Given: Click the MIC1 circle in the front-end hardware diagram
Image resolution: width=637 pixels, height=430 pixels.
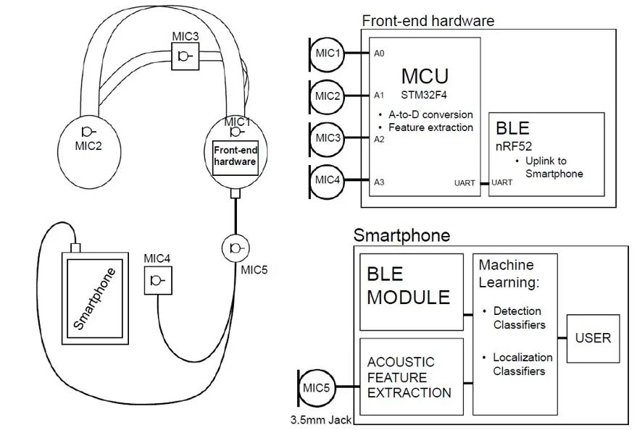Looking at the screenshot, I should coord(327,53).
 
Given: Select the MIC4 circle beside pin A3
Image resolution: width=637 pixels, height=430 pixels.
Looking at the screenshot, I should coord(327,180).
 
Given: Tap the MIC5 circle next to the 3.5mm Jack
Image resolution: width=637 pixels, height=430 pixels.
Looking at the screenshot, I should coord(316,389).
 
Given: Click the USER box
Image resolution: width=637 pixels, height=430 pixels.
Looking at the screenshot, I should coord(593,338).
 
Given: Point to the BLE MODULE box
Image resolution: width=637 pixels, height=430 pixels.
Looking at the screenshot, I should coord(411,287).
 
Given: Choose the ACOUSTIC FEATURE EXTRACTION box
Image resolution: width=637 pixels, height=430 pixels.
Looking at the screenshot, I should coord(411,377).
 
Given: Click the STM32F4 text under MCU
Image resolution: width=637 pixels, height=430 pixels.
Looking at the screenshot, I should coord(425,94).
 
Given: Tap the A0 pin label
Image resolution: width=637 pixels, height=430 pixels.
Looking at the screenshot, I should coord(379,54).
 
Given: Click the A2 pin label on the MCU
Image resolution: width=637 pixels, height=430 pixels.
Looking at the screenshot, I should coord(379,139).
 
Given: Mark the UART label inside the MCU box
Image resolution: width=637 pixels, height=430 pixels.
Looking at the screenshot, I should coord(465,183).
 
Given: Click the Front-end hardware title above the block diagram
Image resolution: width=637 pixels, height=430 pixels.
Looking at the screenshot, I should coord(428,21).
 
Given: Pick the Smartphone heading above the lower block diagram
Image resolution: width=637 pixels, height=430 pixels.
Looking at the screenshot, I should coord(401,235).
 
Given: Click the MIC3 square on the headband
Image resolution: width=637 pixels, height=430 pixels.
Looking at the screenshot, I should coord(185,56).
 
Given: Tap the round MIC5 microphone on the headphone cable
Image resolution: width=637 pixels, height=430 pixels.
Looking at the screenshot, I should coord(236,248).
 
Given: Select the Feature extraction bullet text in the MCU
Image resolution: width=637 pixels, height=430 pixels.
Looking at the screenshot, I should coord(430,127).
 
